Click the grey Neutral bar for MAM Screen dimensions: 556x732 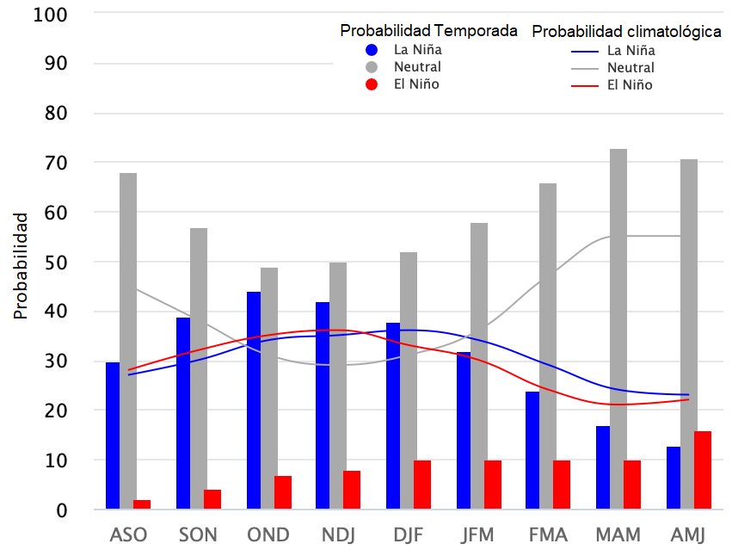coord(618,329)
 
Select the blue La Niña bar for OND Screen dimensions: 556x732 coord(254,400)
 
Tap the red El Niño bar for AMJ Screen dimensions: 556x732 coord(703,470)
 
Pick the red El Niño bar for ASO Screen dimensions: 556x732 coord(142,504)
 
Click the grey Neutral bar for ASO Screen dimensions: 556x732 coord(128,341)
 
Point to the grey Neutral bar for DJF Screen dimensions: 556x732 coord(409,380)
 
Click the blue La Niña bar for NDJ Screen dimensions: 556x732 coord(323,405)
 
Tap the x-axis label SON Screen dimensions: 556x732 coord(198,534)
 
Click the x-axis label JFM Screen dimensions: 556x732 coord(477,534)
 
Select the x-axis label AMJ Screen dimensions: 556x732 coord(687,534)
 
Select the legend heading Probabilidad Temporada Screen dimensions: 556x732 coord(428,31)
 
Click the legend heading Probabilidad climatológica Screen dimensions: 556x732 coord(626,32)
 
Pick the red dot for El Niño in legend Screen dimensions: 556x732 coord(372,84)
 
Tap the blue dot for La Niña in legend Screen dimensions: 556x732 coord(372,49)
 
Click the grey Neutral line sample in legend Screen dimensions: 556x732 coord(585,68)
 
